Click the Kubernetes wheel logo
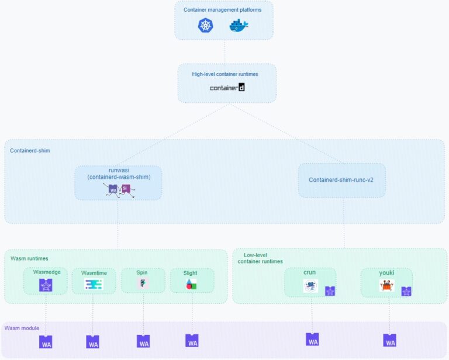click(x=206, y=25)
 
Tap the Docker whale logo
click(x=239, y=26)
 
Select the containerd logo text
click(x=227, y=88)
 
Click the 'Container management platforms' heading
click(x=223, y=9)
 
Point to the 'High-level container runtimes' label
click(x=225, y=74)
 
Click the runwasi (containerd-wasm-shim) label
click(x=119, y=173)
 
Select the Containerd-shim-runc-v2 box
click(x=342, y=180)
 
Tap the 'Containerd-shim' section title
click(x=30, y=150)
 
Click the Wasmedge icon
click(x=46, y=285)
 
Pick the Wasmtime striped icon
click(x=94, y=285)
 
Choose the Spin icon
click(x=143, y=284)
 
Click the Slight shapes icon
click(x=191, y=285)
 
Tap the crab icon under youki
click(x=386, y=285)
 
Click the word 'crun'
click(x=310, y=272)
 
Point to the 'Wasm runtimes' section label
click(x=29, y=258)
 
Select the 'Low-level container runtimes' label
click(x=261, y=258)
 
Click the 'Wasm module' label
click(x=21, y=328)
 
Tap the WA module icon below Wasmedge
click(x=46, y=342)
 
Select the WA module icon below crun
click(x=312, y=339)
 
